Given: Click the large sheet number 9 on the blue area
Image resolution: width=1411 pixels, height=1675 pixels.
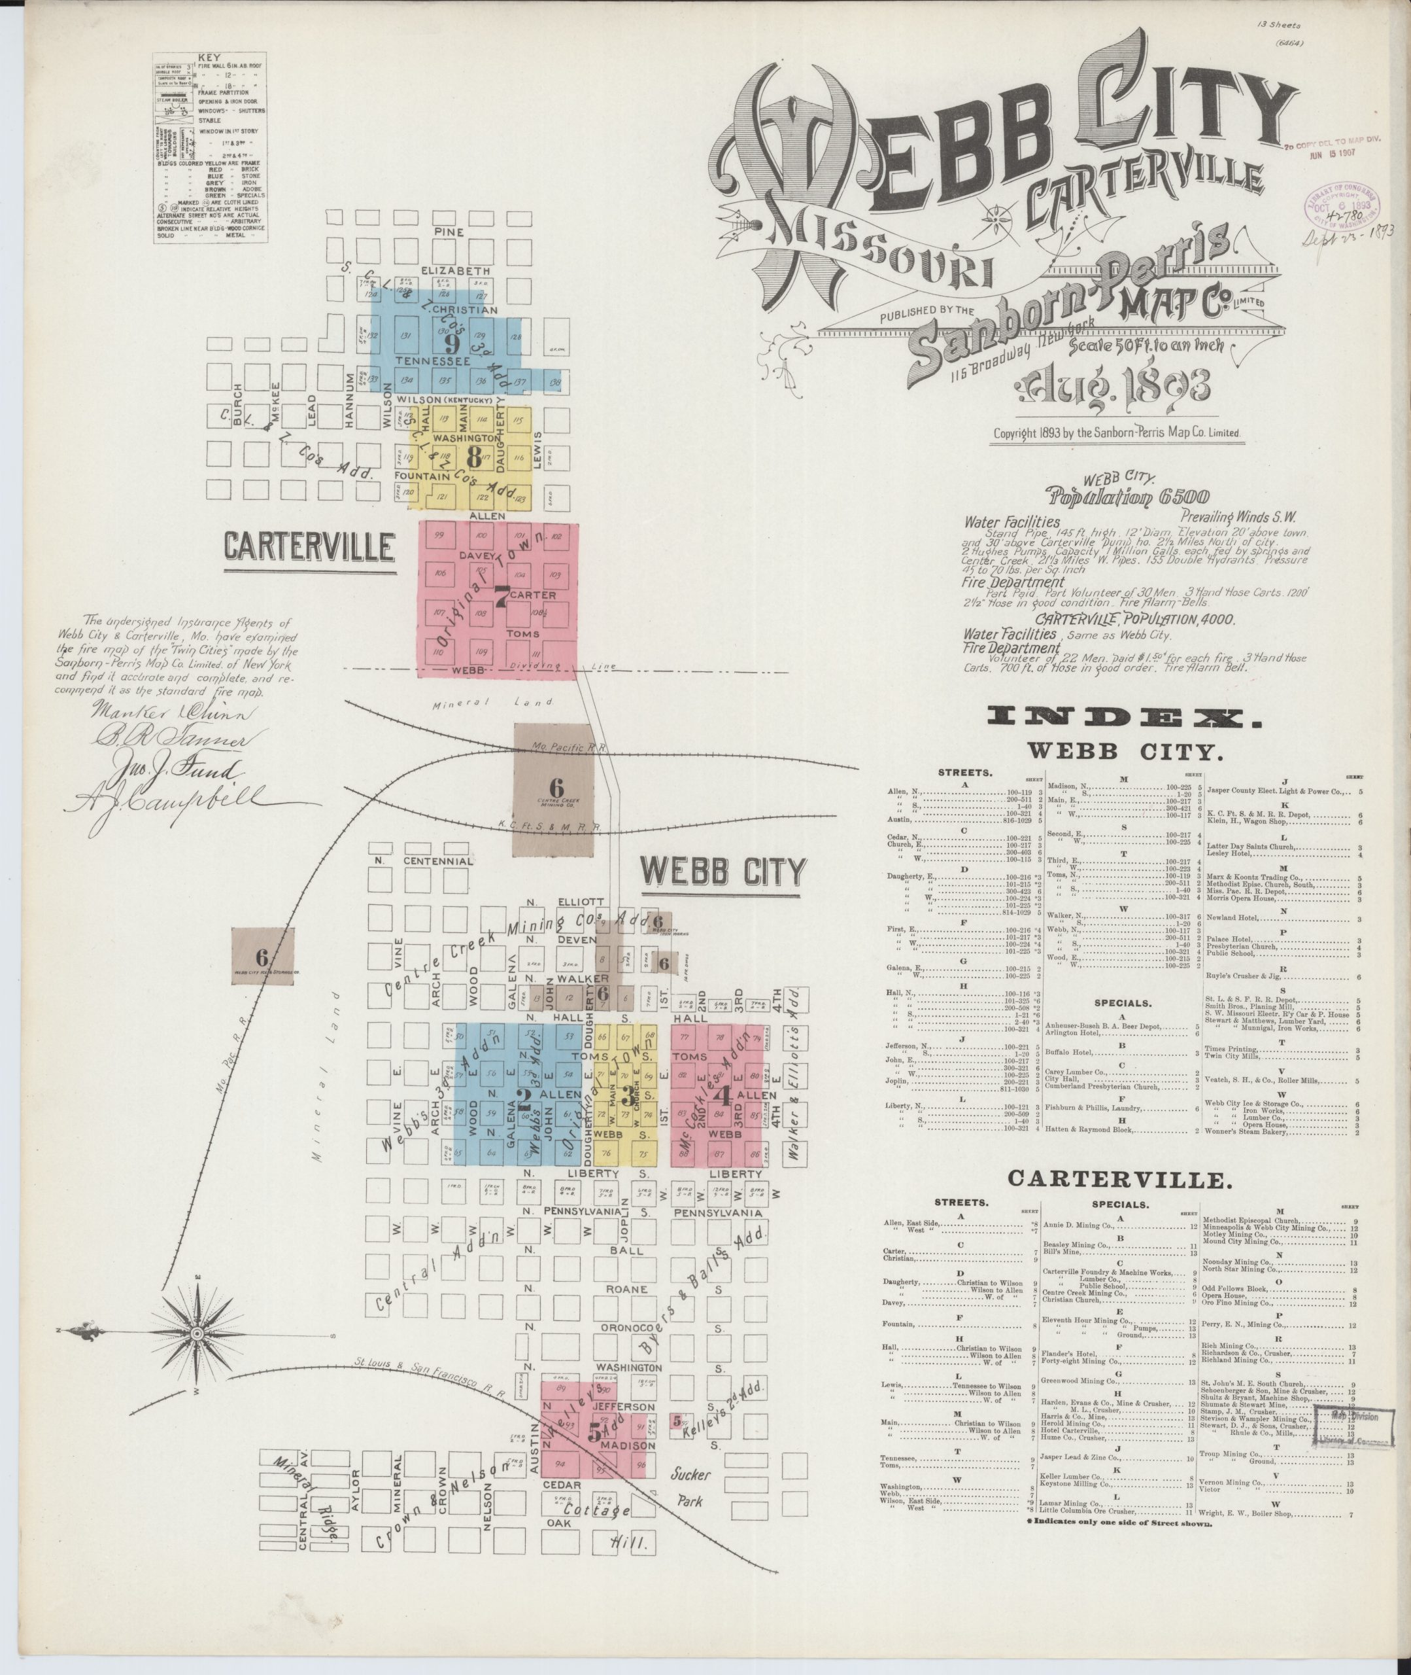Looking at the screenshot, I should tap(452, 344).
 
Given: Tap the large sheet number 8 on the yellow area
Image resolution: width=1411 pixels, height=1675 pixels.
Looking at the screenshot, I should tap(473, 456).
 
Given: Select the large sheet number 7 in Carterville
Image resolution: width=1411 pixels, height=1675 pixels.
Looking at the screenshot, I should tap(501, 597).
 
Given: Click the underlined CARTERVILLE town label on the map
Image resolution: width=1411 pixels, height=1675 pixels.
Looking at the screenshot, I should tap(309, 548).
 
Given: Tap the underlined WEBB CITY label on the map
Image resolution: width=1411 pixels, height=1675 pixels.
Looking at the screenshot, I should tap(724, 872).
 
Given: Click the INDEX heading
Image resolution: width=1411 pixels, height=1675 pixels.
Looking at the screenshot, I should tap(1125, 718).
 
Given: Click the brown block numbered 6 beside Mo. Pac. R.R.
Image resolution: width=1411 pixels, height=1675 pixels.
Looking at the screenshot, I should tap(262, 957).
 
